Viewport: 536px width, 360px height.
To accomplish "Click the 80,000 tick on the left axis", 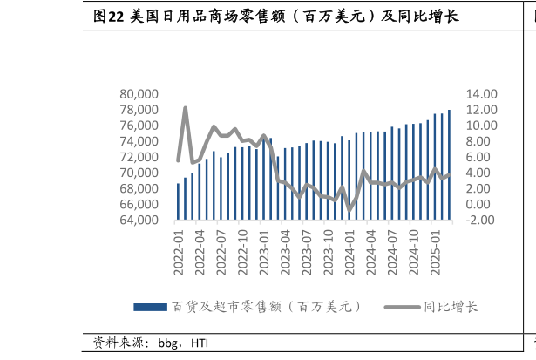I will coord(139,94).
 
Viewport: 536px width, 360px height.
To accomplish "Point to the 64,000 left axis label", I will coord(139,220).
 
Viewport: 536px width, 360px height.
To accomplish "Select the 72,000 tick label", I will coord(139,157).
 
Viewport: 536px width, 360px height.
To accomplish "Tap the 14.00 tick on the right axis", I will coord(482,94).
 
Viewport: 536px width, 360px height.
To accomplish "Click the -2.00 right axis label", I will coord(482,220).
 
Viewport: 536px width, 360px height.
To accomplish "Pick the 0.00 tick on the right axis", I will coord(482,204).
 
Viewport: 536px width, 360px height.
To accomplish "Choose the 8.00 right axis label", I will coord(482,141).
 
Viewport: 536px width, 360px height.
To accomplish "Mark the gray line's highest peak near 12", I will coord(186,108).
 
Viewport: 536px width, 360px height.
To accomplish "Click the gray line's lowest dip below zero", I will coord(350,209).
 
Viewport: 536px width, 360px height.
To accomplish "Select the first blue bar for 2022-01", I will coord(178,201).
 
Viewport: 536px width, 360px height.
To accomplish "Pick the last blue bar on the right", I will coord(449,165).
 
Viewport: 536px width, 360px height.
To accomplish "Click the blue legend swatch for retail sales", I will coord(150,307).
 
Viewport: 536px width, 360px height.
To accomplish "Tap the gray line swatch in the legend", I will coord(402,307).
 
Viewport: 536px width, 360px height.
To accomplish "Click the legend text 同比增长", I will coord(451,307).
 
